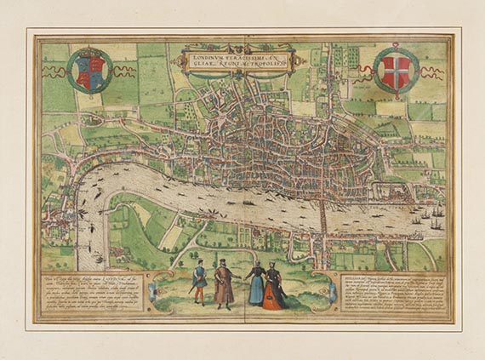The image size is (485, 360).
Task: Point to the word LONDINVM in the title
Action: click(x=212, y=54)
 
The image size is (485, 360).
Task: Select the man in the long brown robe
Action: click(x=224, y=286)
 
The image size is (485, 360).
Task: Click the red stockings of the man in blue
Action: click(x=197, y=296)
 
